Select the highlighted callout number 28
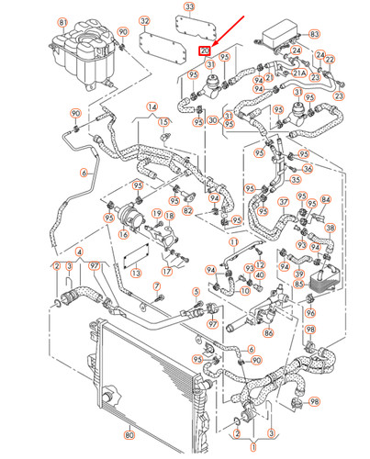(x=205, y=51)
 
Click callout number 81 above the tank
(x=62, y=21)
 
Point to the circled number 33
(x=188, y=6)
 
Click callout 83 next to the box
(x=315, y=34)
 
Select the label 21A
(x=299, y=72)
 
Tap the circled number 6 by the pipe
(x=84, y=172)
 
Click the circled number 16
(x=121, y=235)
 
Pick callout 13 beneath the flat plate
(x=135, y=274)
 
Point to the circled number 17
(x=166, y=272)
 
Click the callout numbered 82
(x=187, y=211)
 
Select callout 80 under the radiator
(x=129, y=434)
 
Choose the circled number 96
(x=309, y=313)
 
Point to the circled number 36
(x=307, y=168)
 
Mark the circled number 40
(x=262, y=274)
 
